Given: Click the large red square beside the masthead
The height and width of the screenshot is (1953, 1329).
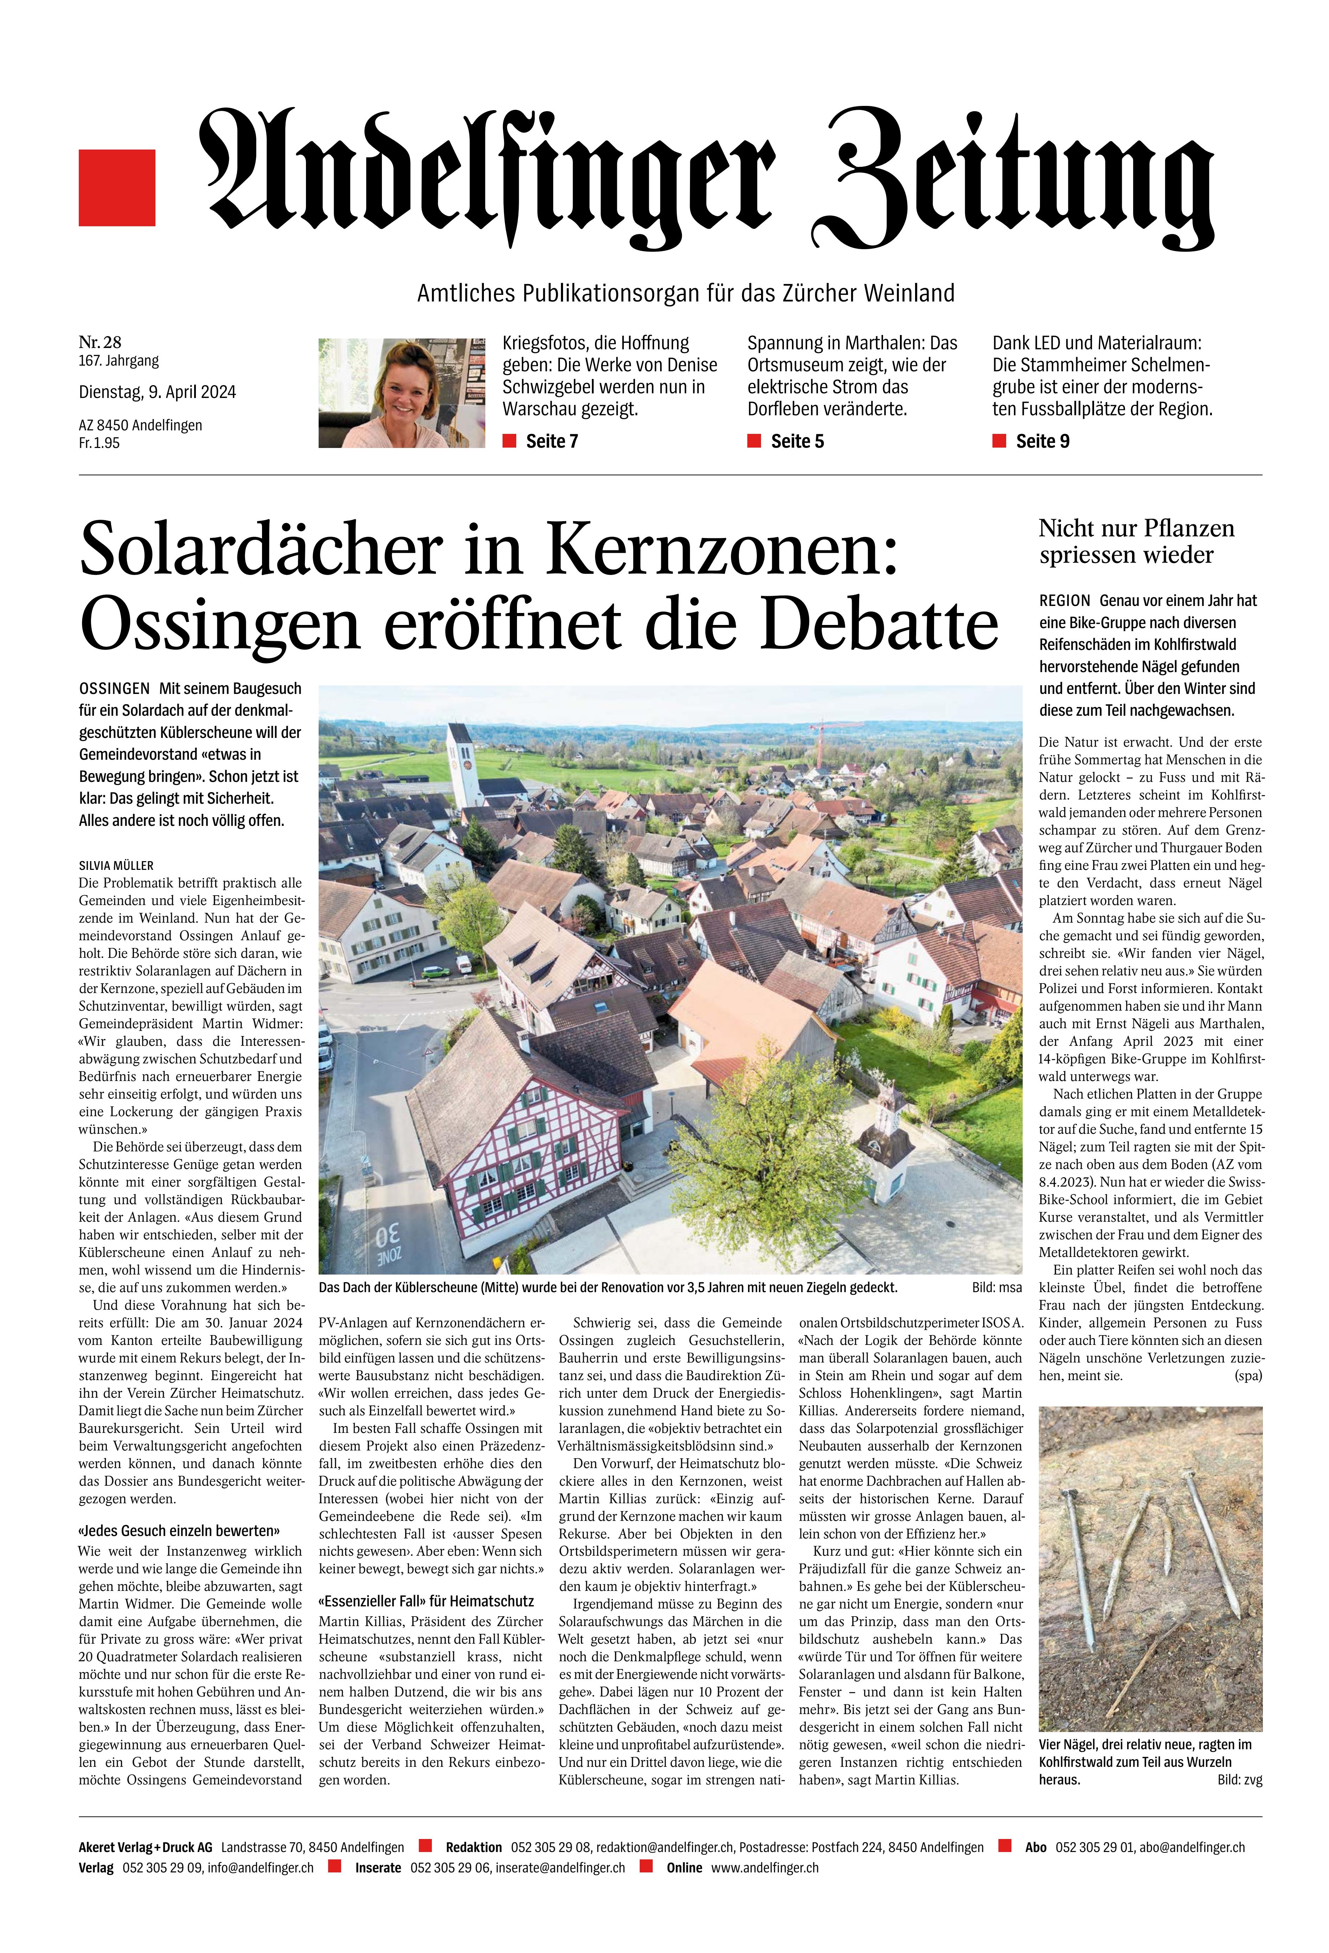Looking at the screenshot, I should point(117,188).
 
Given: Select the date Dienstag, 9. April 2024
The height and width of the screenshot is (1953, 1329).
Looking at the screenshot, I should point(157,392).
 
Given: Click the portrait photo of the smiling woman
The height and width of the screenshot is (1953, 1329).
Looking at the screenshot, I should point(402,392).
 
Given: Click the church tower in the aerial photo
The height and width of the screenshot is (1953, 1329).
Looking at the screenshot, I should point(460,760).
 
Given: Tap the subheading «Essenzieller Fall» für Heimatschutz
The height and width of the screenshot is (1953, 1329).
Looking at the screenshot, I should point(426,1601).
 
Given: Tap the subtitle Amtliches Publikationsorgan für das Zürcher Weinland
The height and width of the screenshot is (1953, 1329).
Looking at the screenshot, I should point(685,293).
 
